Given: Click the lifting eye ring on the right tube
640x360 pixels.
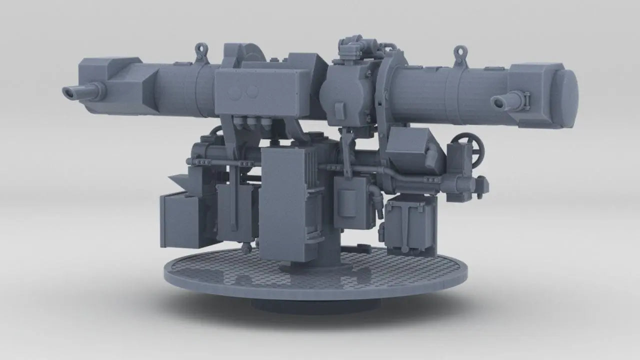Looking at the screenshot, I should click(x=460, y=51).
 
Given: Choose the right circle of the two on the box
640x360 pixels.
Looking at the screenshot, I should click(x=252, y=91).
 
